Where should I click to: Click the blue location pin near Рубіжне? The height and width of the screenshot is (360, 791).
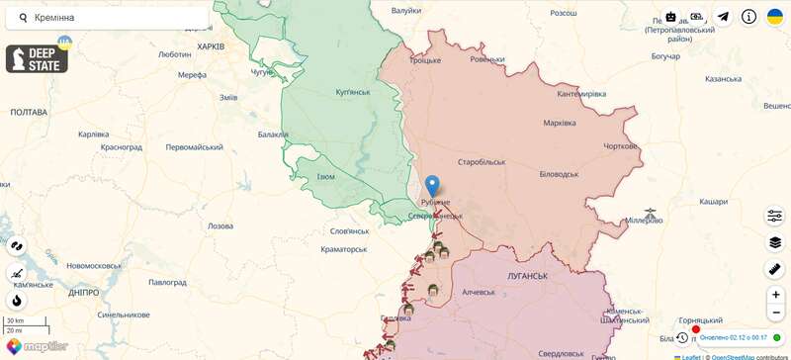tap(431, 185)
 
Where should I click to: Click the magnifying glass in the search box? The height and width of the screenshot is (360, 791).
tap(23, 18)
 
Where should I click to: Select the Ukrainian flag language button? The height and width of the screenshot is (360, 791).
tap(775, 17)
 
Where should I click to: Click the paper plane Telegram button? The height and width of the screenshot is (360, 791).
tap(723, 17)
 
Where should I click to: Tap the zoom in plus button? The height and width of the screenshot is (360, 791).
tap(774, 295)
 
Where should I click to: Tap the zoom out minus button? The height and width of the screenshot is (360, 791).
tap(774, 317)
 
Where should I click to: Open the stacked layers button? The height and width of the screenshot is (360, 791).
tap(774, 242)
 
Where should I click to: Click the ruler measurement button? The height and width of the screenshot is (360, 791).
tap(774, 268)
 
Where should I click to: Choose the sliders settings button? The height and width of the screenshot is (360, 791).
tap(774, 216)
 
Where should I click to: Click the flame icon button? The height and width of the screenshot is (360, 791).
tap(17, 301)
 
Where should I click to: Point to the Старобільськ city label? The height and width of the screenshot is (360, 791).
tap(482, 161)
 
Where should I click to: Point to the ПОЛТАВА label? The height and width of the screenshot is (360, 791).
tap(28, 113)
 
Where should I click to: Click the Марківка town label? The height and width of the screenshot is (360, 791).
tap(560, 124)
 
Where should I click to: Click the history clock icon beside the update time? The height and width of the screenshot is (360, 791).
tap(682, 337)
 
